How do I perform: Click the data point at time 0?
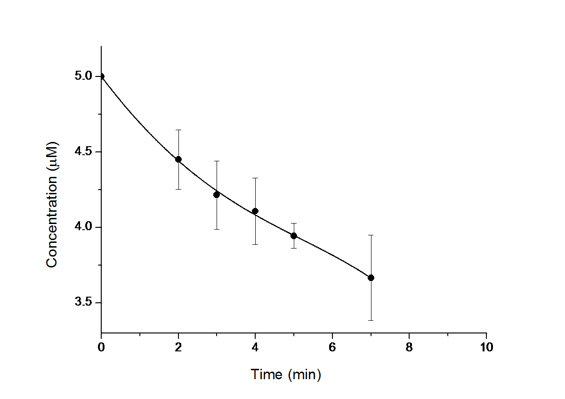click(101, 76)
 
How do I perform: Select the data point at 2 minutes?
click(178, 159)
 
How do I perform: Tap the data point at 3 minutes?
click(217, 195)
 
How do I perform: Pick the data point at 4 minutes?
click(255, 211)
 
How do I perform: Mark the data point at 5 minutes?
click(294, 236)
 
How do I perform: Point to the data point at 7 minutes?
click(371, 278)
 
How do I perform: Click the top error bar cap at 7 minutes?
click(371, 235)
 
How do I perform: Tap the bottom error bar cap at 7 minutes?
click(371, 320)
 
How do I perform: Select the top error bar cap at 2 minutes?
click(178, 130)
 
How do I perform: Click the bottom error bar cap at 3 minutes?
click(217, 229)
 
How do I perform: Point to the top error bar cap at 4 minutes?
click(255, 178)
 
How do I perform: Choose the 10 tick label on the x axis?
click(486, 348)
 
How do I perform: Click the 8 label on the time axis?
click(409, 348)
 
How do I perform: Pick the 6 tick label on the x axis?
click(332, 348)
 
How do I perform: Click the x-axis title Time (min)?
click(286, 375)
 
